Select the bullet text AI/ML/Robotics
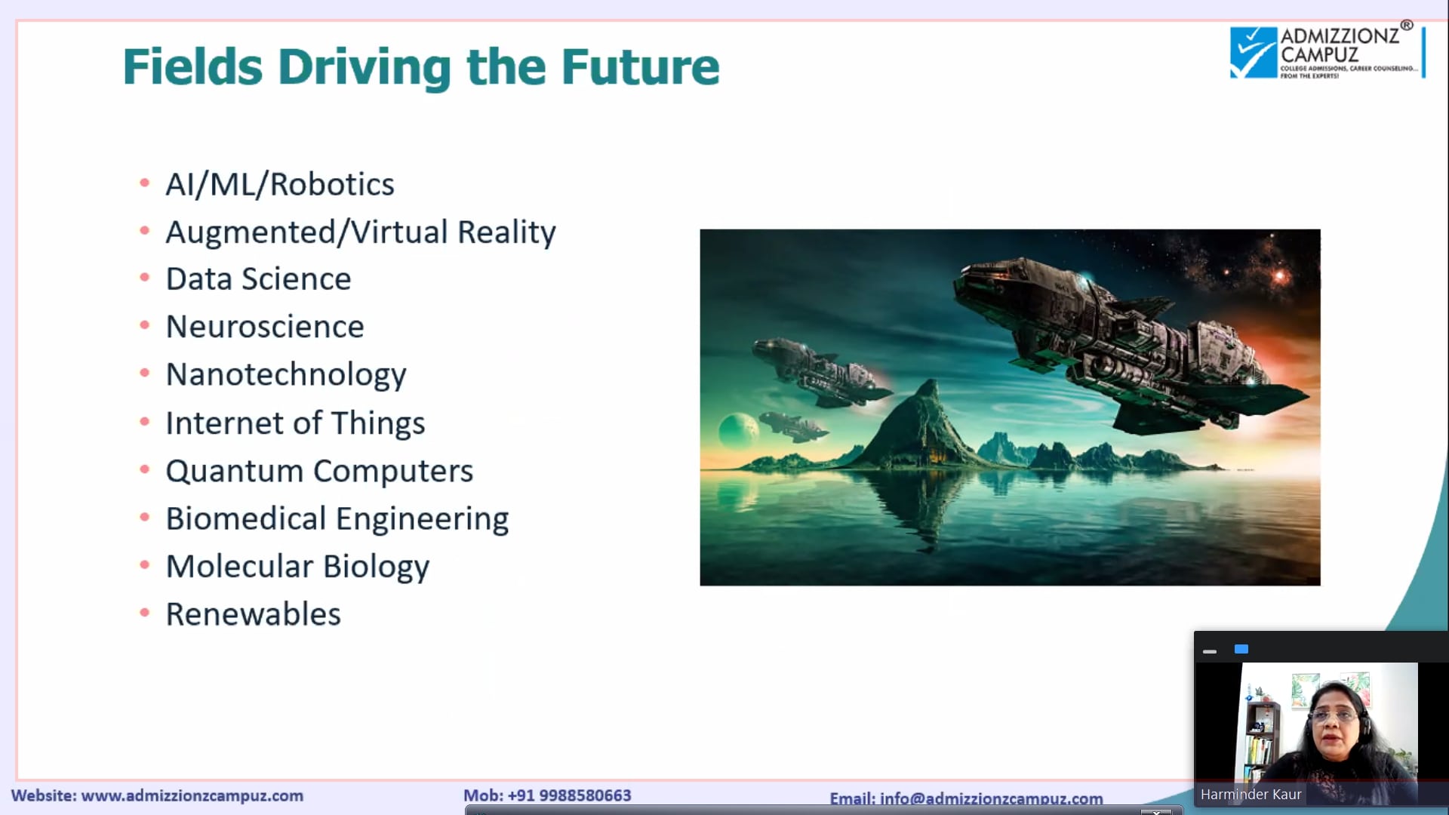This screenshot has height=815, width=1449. [x=280, y=185]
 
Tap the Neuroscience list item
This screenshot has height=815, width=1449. [x=265, y=327]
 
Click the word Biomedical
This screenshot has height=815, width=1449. [x=246, y=518]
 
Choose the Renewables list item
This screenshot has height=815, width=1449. [x=254, y=614]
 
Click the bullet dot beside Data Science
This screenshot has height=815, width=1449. [x=145, y=278]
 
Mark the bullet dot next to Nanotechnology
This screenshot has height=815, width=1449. [x=145, y=373]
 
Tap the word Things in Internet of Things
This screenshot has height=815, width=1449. [x=378, y=423]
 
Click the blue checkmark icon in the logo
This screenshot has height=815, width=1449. [x=1254, y=52]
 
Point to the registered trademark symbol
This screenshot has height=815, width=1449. [x=1407, y=26]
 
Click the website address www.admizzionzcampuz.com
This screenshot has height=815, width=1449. [x=192, y=795]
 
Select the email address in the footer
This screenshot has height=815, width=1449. [x=991, y=798]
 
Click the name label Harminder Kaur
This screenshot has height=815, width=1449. [x=1251, y=794]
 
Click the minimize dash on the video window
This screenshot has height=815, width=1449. [x=1210, y=650]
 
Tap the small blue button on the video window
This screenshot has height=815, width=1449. [x=1241, y=649]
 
